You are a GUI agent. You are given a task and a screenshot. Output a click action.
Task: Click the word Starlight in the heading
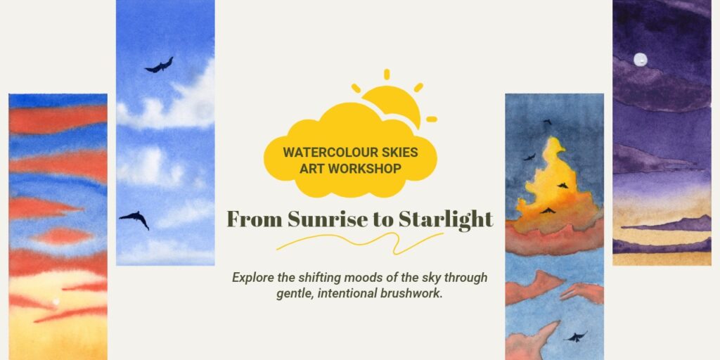coord(446,219)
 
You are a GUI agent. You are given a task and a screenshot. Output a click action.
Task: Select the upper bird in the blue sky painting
coord(160,66)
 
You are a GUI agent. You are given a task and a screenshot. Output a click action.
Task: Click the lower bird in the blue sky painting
coord(135,219)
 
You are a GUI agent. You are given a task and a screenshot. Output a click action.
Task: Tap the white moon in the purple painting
coord(640,60)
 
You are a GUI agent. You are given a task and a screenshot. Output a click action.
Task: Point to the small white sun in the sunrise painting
coord(55,303)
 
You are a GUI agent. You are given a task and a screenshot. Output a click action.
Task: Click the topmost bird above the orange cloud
coord(546,122)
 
